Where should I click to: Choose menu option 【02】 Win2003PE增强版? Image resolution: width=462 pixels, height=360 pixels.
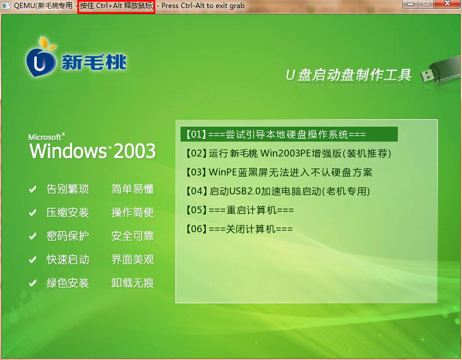(288, 153)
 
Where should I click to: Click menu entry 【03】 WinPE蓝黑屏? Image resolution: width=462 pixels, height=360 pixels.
(279, 172)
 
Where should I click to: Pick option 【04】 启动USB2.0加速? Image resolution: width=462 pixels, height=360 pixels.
(277, 191)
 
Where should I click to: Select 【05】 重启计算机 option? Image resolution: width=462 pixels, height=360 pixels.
(240, 210)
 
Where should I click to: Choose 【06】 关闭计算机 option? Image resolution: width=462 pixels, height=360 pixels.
(239, 229)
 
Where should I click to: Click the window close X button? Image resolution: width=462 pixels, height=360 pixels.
(447, 3)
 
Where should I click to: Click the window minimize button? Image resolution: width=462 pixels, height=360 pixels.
(410, 3)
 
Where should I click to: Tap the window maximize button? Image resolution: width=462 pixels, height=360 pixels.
(426, 3)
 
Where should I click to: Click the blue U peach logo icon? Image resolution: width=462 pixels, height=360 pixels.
(41, 58)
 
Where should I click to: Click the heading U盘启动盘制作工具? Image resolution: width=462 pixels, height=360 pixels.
(349, 75)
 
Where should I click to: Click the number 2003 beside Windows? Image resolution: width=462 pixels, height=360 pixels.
(135, 151)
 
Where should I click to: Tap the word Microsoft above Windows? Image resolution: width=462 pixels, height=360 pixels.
(45, 137)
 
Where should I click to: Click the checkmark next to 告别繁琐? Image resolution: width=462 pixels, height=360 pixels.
(33, 189)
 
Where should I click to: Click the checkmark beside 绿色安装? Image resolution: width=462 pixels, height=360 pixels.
(33, 283)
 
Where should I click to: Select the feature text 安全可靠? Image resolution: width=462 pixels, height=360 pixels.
(132, 236)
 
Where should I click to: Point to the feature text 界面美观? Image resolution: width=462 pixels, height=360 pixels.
(132, 260)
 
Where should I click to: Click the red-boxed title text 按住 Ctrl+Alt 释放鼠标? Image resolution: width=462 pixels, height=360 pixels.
(117, 6)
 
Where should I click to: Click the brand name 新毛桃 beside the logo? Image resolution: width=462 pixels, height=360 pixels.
(94, 62)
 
